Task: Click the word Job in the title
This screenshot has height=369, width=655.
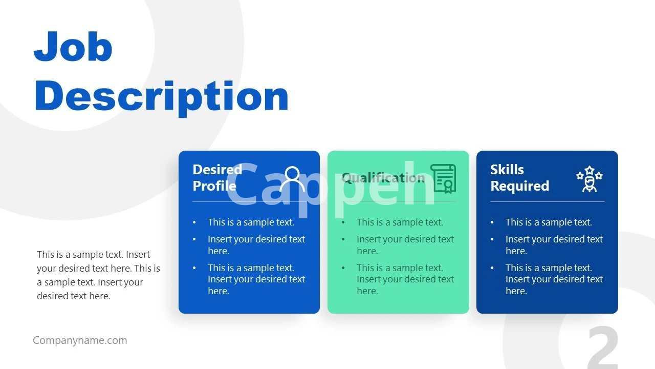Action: coord(73,46)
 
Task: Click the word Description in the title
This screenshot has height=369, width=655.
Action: coord(162,97)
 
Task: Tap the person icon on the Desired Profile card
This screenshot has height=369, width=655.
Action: coord(292,179)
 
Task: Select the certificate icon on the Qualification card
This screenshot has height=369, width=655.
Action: coord(443,179)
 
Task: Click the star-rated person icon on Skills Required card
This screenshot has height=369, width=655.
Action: coord(589,179)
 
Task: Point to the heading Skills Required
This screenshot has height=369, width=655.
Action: coord(519,178)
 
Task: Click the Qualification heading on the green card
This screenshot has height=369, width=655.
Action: coord(383,178)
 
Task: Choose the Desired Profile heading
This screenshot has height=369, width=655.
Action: coord(217,178)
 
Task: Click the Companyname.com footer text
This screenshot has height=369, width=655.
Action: coord(80,340)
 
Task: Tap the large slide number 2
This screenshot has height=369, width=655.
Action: coord(603,347)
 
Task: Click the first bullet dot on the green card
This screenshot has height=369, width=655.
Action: coord(343,223)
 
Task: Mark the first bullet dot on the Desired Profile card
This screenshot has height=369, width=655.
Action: coord(194,223)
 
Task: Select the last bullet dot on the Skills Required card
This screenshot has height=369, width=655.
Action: coord(492,268)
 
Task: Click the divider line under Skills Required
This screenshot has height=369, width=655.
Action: coord(547,202)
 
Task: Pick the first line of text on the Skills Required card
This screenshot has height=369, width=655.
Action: coord(549,222)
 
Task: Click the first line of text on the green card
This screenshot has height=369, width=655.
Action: coord(400,222)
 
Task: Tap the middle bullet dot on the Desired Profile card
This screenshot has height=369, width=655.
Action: coord(194,239)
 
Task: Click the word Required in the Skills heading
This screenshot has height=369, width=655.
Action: coord(519,186)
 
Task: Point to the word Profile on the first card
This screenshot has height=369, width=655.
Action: coord(214,186)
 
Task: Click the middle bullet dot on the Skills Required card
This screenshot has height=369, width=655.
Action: coord(492,239)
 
